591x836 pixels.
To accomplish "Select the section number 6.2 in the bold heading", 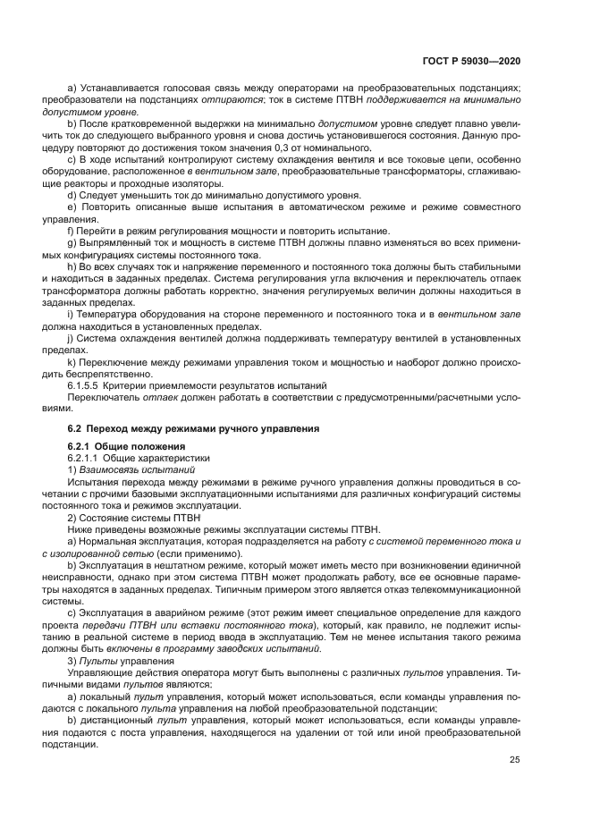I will (75, 428).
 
